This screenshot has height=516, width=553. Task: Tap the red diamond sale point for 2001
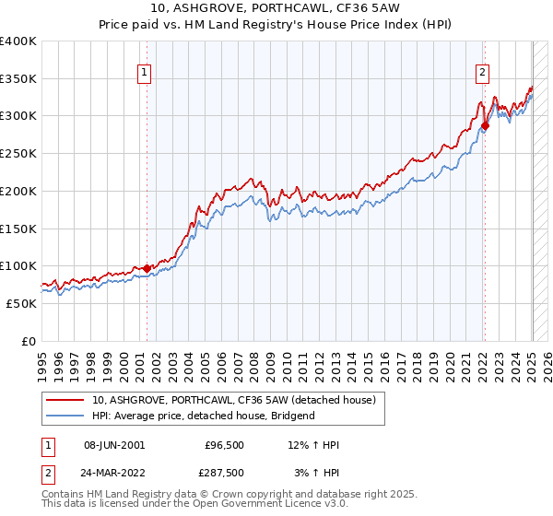tap(147, 268)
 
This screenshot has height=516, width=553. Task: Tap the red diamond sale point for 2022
tap(486, 125)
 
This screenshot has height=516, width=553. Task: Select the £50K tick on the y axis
tap(21, 303)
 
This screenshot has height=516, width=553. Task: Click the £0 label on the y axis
tap(29, 341)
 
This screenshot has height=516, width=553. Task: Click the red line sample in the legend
tap(65, 401)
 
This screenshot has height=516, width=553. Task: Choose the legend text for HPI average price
tap(203, 416)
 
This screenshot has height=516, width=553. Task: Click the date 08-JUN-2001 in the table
tap(113, 445)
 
